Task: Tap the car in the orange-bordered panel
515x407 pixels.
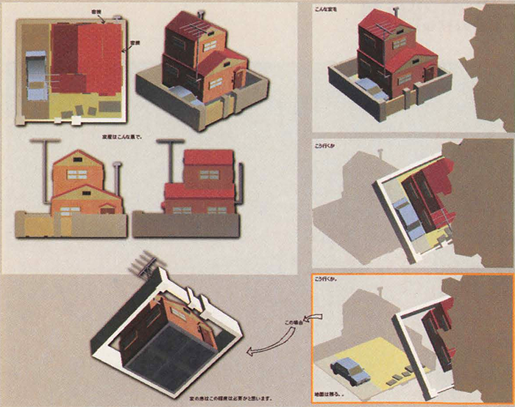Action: [x=350, y=371]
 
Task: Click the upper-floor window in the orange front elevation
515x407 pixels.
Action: [x=77, y=174]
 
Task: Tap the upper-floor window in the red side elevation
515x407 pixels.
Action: [x=209, y=175]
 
